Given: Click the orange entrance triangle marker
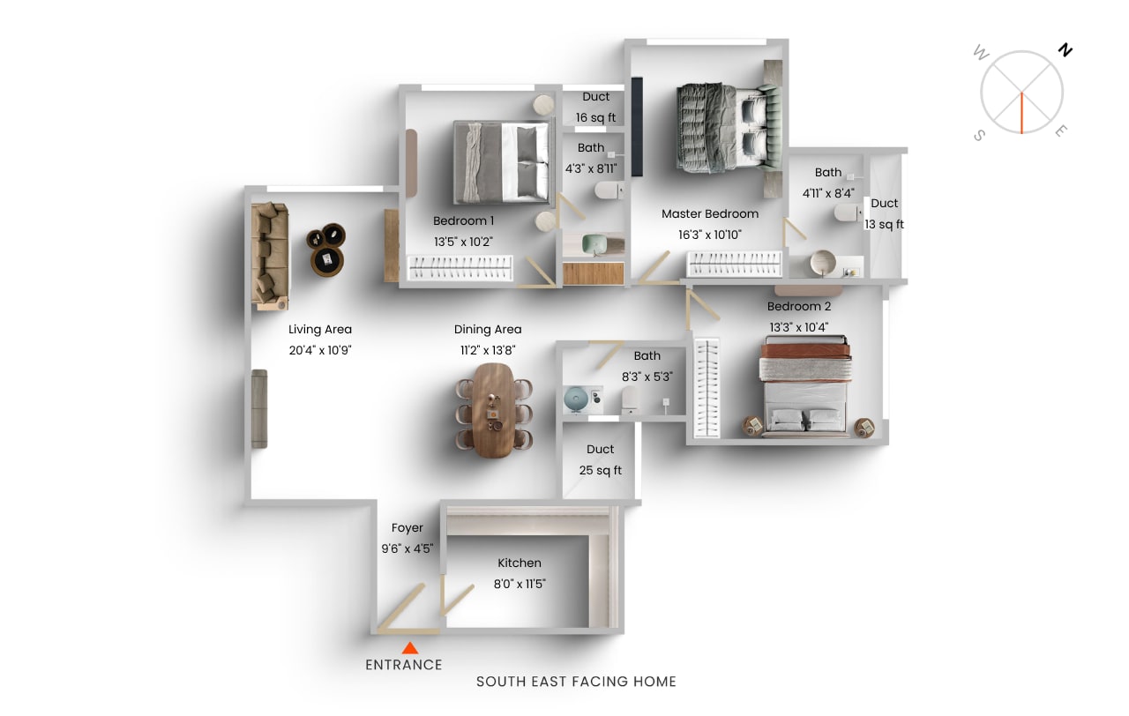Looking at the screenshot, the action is (x=410, y=648).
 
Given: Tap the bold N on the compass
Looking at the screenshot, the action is (x=1065, y=50).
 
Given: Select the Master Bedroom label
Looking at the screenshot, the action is (x=710, y=213).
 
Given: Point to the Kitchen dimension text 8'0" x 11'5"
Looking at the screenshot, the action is (x=520, y=584).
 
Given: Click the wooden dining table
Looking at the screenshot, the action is (x=494, y=411).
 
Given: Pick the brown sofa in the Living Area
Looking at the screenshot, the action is (x=270, y=256).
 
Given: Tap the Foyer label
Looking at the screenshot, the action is (x=407, y=527).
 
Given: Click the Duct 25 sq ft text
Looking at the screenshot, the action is (x=601, y=459).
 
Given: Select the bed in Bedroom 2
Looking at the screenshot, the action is (x=805, y=385).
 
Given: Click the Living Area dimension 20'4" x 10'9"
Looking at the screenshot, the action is (x=320, y=350).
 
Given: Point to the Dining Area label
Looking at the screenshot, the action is (x=488, y=329).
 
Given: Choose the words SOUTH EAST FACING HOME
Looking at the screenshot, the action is (x=576, y=682).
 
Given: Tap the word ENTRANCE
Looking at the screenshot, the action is (x=404, y=665).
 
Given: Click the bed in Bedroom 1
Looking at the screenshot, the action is (x=502, y=162).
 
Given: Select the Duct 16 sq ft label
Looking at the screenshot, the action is (x=595, y=107).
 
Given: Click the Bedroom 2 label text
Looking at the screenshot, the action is (x=799, y=306).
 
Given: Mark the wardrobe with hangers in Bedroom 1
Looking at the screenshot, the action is (x=460, y=267).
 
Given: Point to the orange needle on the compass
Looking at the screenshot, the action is (x=1021, y=113).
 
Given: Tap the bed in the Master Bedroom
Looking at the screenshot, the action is (x=729, y=130).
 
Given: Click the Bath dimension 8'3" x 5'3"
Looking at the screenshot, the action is (x=647, y=377).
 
